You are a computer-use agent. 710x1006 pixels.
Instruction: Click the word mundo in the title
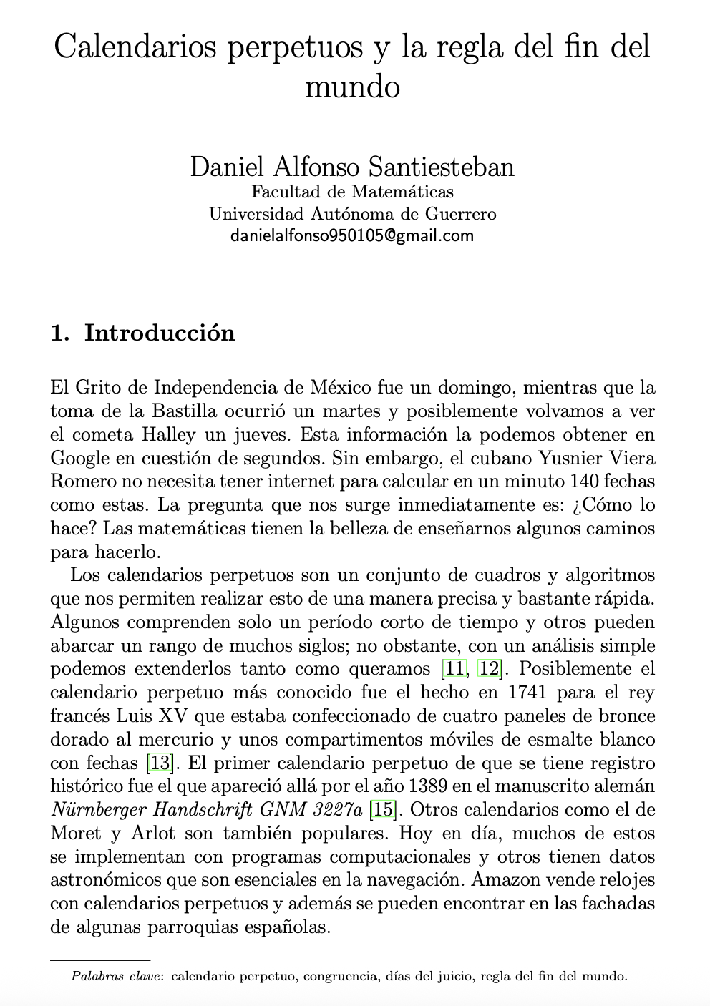(x=352, y=87)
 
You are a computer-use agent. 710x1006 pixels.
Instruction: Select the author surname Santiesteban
(x=441, y=167)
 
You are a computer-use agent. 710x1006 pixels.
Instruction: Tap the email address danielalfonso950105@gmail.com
(x=352, y=235)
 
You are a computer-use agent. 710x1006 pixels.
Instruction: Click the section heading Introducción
(x=160, y=333)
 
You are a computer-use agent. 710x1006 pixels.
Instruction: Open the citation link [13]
(x=160, y=763)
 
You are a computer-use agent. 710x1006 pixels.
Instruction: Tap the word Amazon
(x=511, y=880)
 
